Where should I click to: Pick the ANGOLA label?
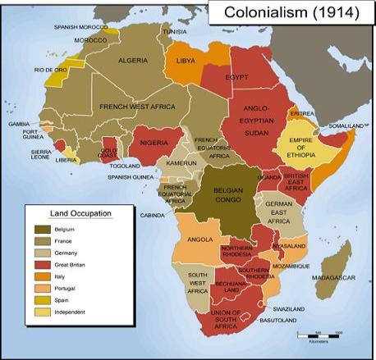click(x=200, y=240)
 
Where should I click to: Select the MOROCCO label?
click(x=91, y=39)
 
